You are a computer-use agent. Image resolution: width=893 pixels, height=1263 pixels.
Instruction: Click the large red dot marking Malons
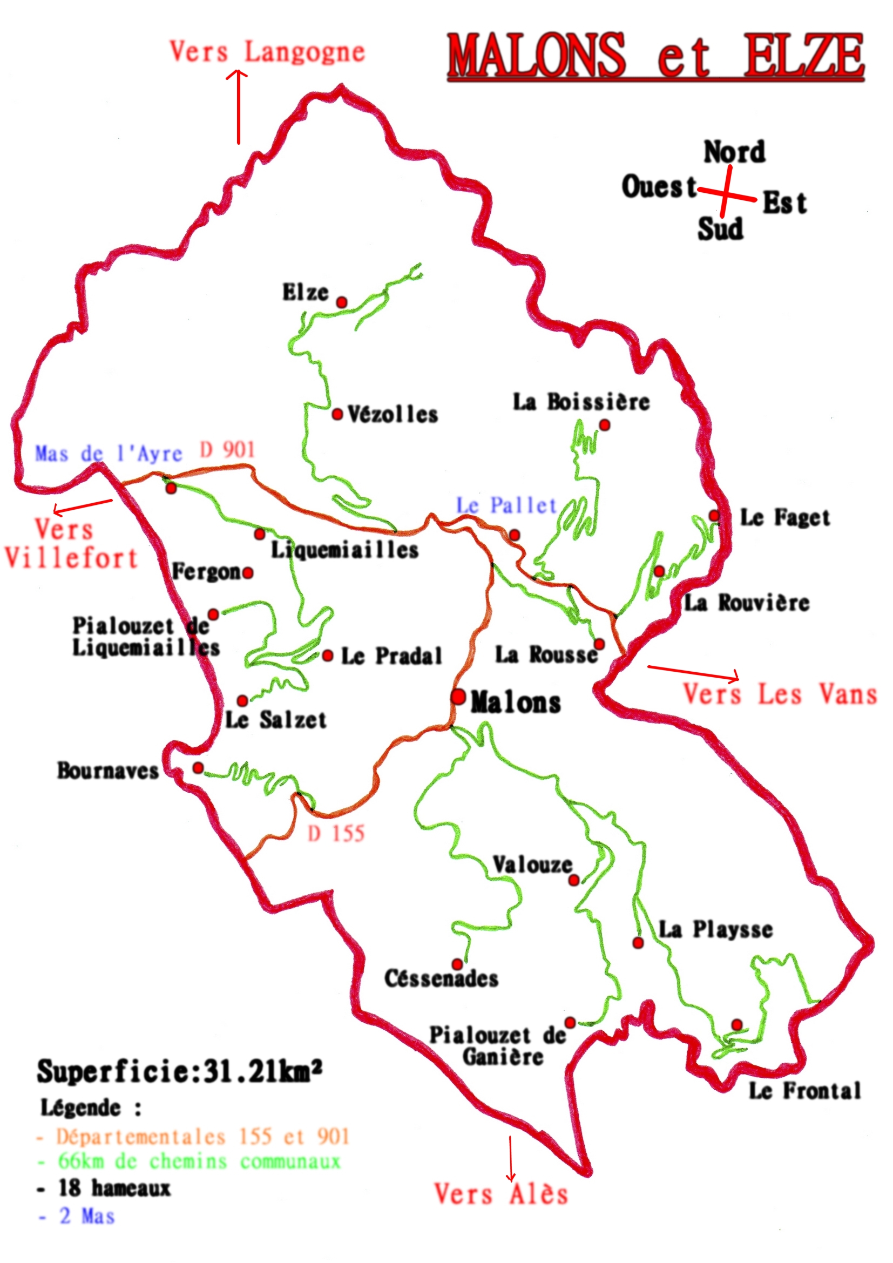pos(457,697)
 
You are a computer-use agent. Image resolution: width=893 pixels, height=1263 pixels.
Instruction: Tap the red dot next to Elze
pos(341,302)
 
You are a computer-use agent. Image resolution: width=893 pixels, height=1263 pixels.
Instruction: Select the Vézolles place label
pos(392,415)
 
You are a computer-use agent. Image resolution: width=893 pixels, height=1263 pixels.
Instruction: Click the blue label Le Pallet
pos(506,505)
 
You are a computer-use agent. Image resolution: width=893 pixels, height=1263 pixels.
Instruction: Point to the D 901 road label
pos(227,450)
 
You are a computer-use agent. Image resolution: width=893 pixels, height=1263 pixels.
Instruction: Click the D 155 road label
pos(336,833)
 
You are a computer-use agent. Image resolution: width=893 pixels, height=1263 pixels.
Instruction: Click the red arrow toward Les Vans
pos(693,673)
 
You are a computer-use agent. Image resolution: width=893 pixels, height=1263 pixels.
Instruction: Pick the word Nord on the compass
pos(734,152)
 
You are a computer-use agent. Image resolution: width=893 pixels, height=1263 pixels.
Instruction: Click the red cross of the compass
pos(726,192)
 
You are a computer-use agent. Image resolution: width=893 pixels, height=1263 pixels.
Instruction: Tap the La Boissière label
pos(581,402)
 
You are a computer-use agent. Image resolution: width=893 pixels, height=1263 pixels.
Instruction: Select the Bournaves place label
pos(108,771)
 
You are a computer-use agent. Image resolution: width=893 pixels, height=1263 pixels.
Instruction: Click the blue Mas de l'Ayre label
pos(109,454)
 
